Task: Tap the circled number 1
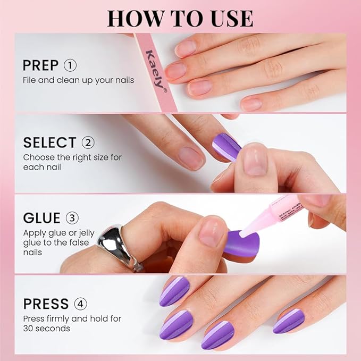click(x=70, y=65)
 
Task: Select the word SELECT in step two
click(x=49, y=142)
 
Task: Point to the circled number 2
click(x=88, y=142)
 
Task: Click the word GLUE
click(x=41, y=219)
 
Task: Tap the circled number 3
click(x=72, y=219)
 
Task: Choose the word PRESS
click(x=46, y=304)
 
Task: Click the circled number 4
click(x=81, y=304)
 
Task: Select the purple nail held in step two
click(x=227, y=147)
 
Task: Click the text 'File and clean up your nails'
click(x=78, y=80)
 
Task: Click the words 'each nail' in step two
click(x=41, y=167)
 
